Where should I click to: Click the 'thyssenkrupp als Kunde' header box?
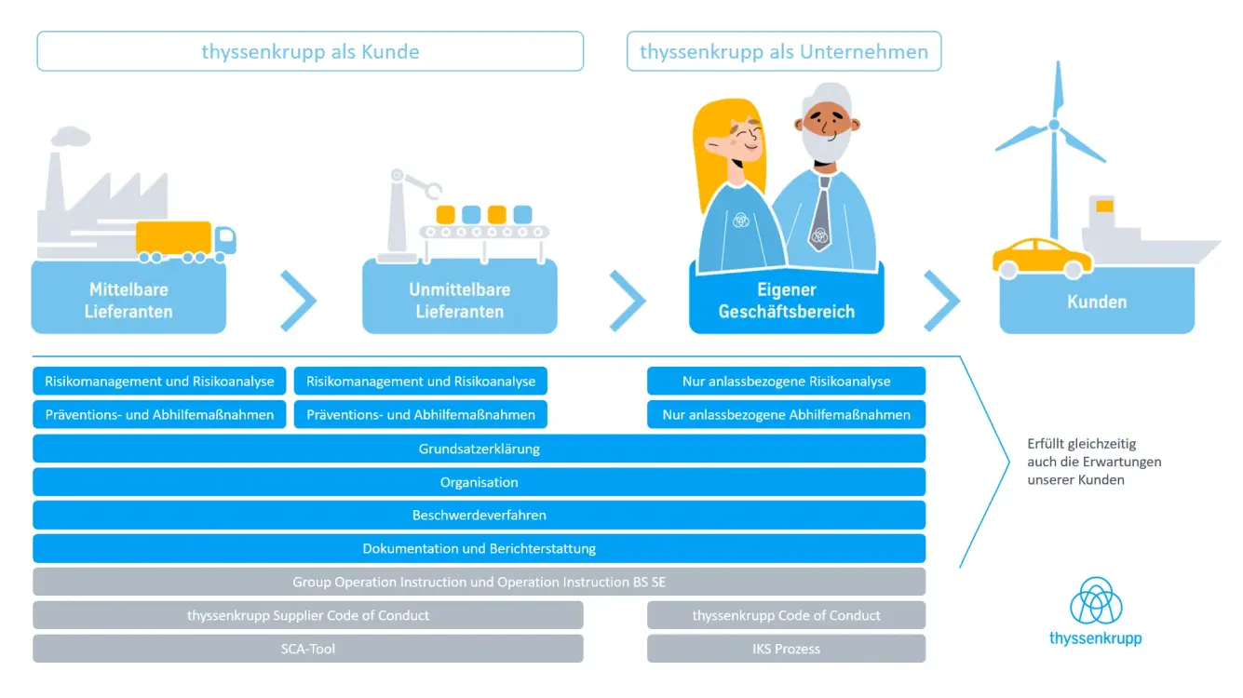click(310, 51)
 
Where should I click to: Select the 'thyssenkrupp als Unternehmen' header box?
click(784, 51)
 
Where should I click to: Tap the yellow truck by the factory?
click(184, 240)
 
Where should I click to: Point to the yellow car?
click(1041, 258)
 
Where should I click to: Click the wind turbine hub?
click(1054, 125)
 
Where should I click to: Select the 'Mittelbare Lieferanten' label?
click(128, 301)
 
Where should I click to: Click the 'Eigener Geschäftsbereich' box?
click(786, 301)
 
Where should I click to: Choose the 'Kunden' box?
click(1097, 302)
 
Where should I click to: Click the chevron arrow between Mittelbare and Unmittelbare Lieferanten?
click(298, 301)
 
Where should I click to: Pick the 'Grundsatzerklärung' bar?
click(479, 449)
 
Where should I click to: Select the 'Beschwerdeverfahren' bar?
click(479, 515)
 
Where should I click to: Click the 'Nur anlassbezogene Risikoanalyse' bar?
click(786, 381)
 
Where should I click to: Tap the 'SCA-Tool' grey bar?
click(307, 649)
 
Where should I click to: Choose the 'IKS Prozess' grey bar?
click(786, 649)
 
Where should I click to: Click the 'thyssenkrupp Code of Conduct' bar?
click(786, 615)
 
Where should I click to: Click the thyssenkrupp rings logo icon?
click(1096, 600)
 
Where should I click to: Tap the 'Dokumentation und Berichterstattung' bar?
click(479, 548)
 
